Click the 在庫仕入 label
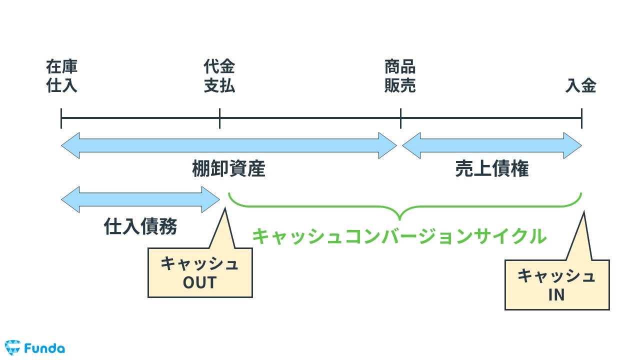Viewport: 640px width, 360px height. click(62, 76)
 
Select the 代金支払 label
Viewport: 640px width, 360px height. click(219, 76)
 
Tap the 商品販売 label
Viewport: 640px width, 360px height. click(400, 76)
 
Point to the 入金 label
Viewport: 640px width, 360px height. click(581, 86)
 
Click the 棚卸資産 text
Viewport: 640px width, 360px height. click(228, 170)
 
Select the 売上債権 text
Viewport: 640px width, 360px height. click(492, 170)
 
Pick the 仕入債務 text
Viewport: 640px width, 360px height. click(140, 227)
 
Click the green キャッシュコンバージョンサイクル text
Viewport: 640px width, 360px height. click(399, 236)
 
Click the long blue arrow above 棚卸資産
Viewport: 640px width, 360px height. click(228, 145)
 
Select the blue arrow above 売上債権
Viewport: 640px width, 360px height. click(492, 145)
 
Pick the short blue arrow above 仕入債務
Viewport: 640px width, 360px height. click(140, 199)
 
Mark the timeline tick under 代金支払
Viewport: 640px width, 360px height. click(219, 118)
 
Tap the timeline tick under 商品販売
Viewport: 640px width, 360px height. click(400, 118)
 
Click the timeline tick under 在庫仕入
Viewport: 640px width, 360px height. click(61, 118)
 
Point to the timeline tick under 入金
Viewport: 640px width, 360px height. click(581, 118)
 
